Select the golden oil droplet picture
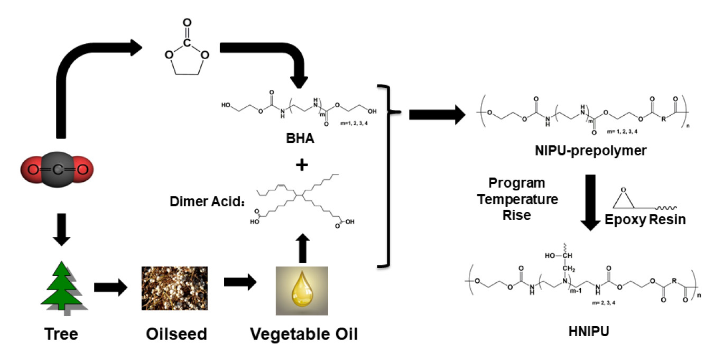point(302,290)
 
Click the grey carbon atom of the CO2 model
point(57,170)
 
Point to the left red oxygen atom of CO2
point(33,170)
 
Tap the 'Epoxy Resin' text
point(645,219)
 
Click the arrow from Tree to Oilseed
point(111,288)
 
